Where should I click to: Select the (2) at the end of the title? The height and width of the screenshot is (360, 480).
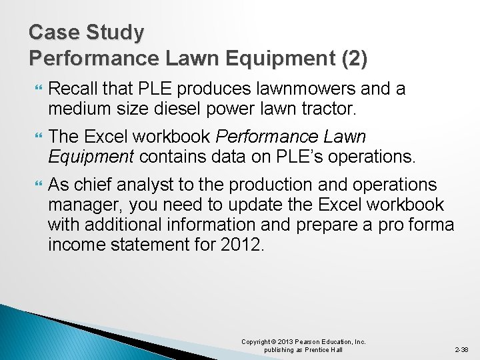coord(353,59)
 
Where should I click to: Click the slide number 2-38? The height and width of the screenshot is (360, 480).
coord(461,349)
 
